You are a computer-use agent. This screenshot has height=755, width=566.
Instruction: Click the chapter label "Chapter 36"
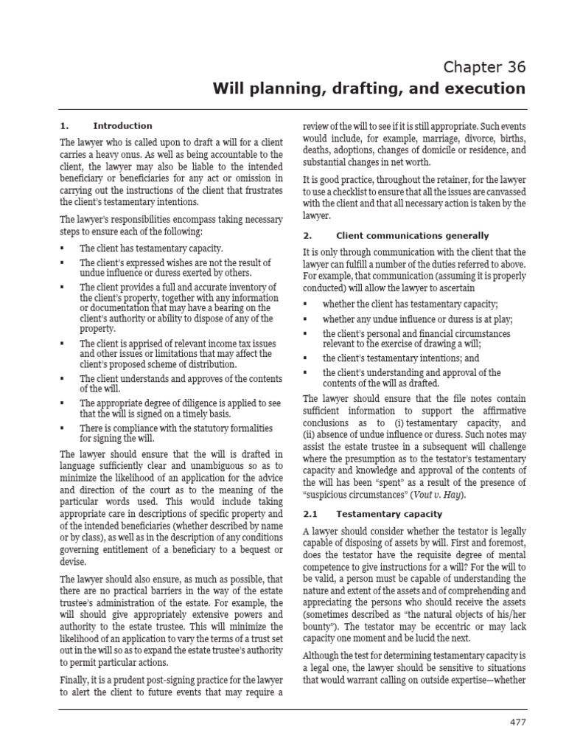click(484, 67)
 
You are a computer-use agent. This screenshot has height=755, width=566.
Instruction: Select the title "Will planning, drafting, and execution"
click(369, 89)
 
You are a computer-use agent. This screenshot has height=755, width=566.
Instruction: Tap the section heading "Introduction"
click(123, 126)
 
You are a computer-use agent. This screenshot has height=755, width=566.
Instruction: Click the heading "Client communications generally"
click(412, 236)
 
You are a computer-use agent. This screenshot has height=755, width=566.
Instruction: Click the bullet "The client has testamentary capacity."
click(150, 249)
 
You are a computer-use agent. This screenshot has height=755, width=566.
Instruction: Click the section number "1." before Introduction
click(64, 126)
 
